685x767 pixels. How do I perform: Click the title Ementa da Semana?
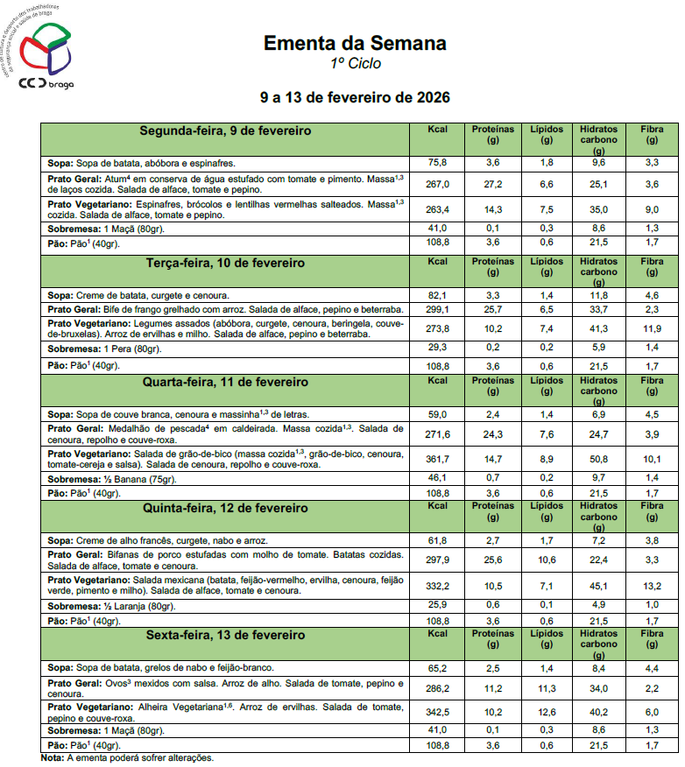355,43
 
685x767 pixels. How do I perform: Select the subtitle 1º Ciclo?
355,64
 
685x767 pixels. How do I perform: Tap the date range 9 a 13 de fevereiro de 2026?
355,95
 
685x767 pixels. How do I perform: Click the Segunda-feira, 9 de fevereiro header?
226,131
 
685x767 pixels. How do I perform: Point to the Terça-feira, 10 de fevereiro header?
226,263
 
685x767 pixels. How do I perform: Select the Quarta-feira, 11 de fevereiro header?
226,383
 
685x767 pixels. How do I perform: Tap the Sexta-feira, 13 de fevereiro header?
226,634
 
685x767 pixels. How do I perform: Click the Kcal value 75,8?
437,163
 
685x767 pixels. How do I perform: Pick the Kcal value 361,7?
437,459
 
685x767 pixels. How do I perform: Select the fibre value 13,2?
652,585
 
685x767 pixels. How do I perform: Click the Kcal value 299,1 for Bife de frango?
437,309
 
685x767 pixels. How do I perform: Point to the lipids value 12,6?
547,711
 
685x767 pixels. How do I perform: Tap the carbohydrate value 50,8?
598,459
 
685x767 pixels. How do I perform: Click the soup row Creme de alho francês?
158,540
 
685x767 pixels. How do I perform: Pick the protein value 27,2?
492,184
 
